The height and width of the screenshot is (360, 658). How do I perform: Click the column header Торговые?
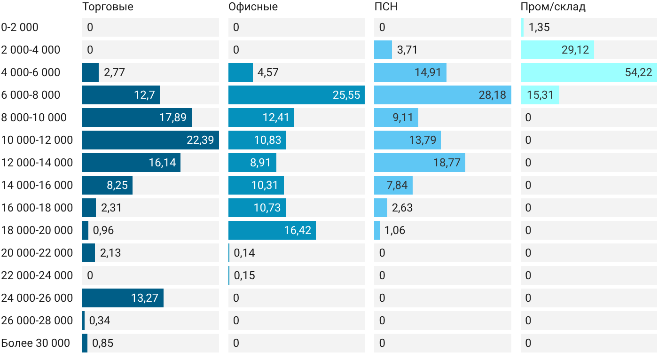tap(108, 7)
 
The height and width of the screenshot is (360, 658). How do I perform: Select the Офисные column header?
tap(253, 7)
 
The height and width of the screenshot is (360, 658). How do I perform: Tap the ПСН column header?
tap(386, 7)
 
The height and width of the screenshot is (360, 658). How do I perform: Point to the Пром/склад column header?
tap(553, 7)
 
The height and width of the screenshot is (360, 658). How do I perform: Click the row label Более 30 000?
tap(36, 343)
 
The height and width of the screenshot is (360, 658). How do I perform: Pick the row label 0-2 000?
tap(20, 27)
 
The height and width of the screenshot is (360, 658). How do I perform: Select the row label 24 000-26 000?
tap(37, 298)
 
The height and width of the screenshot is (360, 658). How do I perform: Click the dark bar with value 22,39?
tap(150, 140)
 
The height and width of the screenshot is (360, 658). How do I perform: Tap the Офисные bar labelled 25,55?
tap(297, 95)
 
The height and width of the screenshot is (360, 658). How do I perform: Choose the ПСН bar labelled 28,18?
tap(443, 95)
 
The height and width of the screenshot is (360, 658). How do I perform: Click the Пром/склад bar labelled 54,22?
tap(588, 72)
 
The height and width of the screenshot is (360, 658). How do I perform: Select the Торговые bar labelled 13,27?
tap(123, 298)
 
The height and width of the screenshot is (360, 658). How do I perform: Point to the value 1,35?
tap(539, 27)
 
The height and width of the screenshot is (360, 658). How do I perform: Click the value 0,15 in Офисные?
tap(244, 275)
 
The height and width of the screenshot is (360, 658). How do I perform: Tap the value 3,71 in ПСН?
tap(407, 50)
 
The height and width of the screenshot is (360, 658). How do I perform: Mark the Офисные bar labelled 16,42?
tap(272, 230)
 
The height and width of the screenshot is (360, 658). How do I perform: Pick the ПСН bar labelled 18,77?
tap(420, 163)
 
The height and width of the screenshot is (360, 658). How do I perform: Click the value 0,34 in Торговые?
tap(100, 321)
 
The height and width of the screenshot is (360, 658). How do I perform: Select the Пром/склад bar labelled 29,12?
tap(557, 50)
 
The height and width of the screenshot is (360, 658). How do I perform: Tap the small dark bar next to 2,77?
tap(90, 72)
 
